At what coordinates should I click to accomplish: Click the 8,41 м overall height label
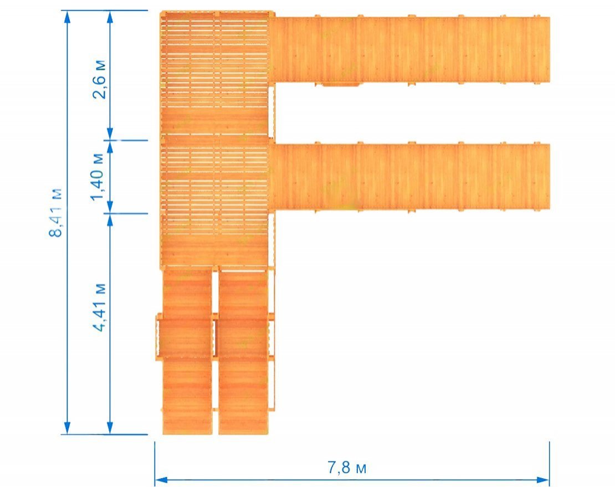click(55, 213)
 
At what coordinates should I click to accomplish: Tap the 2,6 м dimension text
click(99, 79)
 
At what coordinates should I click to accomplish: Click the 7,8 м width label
click(347, 468)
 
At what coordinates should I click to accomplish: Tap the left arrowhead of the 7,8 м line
click(161, 480)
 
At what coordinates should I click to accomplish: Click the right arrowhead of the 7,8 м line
click(543, 480)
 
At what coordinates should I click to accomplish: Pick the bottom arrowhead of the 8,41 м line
click(67, 428)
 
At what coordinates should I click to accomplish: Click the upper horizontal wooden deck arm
click(412, 49)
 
